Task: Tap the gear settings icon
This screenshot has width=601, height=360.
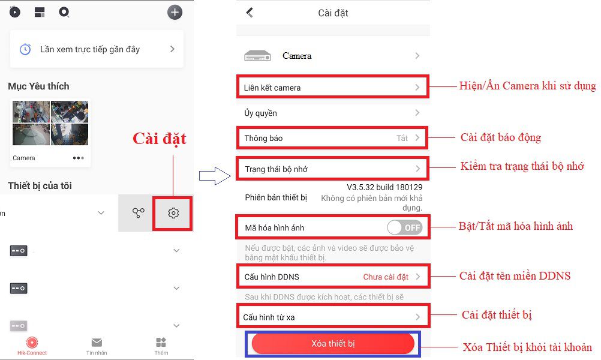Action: [x=173, y=213]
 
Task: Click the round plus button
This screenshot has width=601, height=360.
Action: [x=175, y=12]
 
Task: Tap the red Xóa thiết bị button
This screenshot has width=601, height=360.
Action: [x=333, y=344]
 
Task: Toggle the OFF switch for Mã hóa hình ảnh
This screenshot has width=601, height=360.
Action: [x=405, y=228]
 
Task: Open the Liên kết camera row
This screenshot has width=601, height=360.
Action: [x=332, y=87]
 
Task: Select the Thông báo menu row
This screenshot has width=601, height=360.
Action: [x=332, y=138]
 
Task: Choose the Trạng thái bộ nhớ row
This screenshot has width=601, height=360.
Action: [x=332, y=169]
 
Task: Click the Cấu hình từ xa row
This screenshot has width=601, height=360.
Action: [x=333, y=316]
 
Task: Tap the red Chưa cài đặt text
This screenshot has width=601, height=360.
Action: [x=386, y=277]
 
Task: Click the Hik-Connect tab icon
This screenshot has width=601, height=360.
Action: [x=32, y=342]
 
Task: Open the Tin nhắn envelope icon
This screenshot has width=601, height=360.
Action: [x=97, y=342]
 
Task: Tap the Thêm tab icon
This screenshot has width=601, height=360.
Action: [x=161, y=342]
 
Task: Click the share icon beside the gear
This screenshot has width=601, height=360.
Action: [x=139, y=213]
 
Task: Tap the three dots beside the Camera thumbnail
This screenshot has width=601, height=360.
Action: [x=78, y=158]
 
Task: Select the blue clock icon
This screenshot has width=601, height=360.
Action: [x=25, y=49]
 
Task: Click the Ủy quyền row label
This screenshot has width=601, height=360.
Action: [x=261, y=113]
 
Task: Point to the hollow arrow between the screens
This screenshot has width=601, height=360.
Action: [x=215, y=176]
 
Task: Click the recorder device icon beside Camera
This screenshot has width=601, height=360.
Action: [x=257, y=56]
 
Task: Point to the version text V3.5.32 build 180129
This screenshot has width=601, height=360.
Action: [x=384, y=187]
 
